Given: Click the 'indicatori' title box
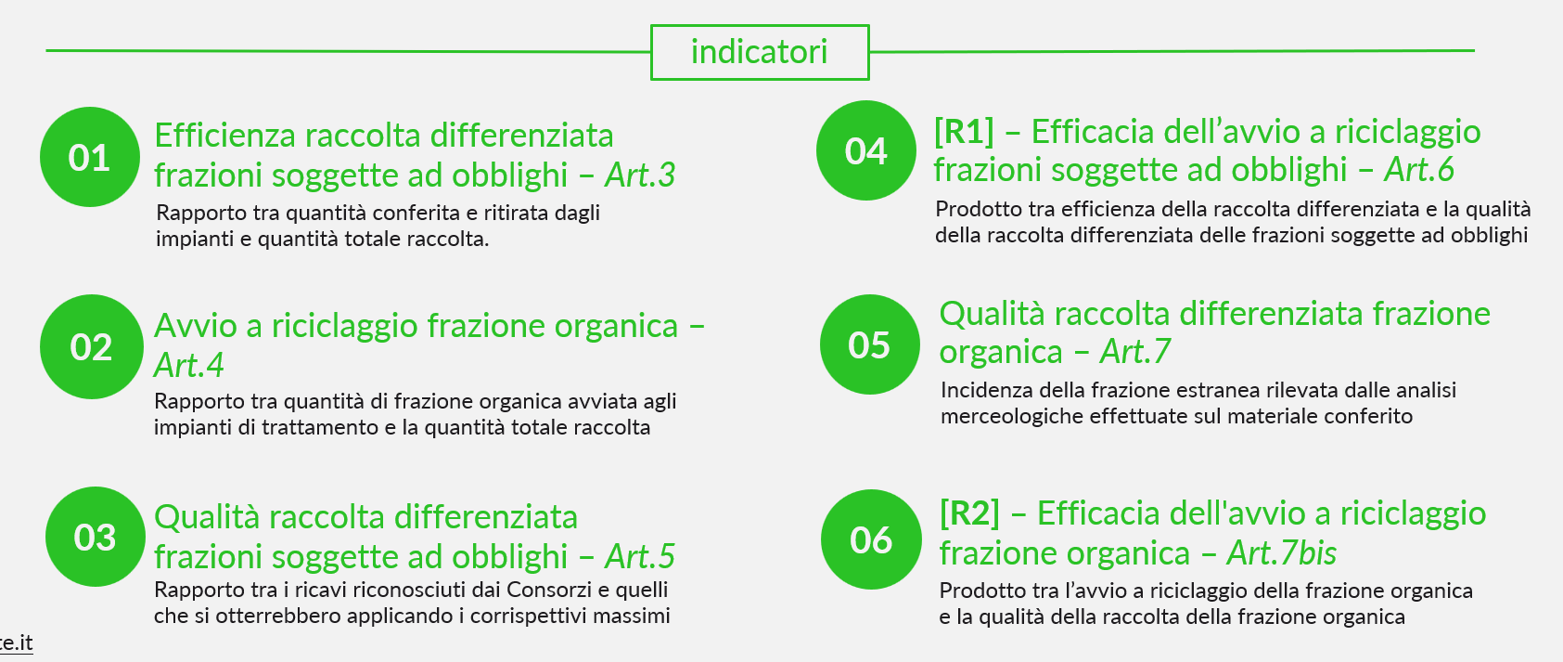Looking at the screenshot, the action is (760, 52).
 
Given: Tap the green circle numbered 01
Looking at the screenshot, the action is (90, 157).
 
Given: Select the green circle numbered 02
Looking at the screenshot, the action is (92, 347).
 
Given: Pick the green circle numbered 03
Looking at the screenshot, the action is (96, 537).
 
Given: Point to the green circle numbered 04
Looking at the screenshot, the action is (866, 150).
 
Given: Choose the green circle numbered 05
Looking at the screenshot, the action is (870, 345).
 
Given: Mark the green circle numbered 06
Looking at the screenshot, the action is (872, 539).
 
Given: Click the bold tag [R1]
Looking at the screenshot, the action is (965, 132).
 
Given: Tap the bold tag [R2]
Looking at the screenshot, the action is (970, 514).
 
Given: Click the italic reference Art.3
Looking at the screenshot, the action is (641, 175).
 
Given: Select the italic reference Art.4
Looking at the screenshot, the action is (188, 365).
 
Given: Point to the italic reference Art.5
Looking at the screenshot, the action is (641, 556).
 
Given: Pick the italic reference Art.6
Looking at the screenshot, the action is (1419, 170).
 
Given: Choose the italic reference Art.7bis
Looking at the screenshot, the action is (1282, 553).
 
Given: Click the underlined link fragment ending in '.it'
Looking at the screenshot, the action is (16, 643).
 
